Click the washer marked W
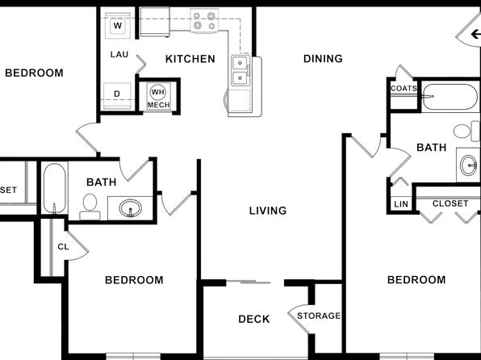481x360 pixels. pyautogui.click(x=118, y=26)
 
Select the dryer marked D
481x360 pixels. pyautogui.click(x=117, y=95)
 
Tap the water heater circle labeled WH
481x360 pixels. pyautogui.click(x=158, y=92)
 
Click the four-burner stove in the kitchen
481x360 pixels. pyautogui.click(x=204, y=20)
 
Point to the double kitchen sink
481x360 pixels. pyautogui.click(x=240, y=70)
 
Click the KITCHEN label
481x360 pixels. pyautogui.click(x=190, y=59)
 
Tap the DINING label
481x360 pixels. pyautogui.click(x=323, y=58)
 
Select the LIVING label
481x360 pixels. pyautogui.click(x=268, y=211)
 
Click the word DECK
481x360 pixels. pyautogui.click(x=254, y=319)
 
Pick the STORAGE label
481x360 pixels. pyautogui.click(x=319, y=316)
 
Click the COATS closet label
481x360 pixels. pyautogui.click(x=404, y=89)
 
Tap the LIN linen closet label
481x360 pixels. pyautogui.click(x=401, y=204)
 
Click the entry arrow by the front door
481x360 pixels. pyautogui.click(x=475, y=34)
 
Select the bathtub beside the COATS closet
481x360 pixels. pyautogui.click(x=450, y=97)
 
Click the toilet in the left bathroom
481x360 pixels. pyautogui.click(x=90, y=207)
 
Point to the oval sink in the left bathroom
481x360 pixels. pyautogui.click(x=131, y=208)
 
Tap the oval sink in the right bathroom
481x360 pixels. pyautogui.click(x=468, y=165)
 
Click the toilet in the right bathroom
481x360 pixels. pyautogui.click(x=466, y=131)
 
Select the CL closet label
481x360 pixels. pyautogui.click(x=63, y=247)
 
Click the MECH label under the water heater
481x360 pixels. pyautogui.click(x=159, y=105)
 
